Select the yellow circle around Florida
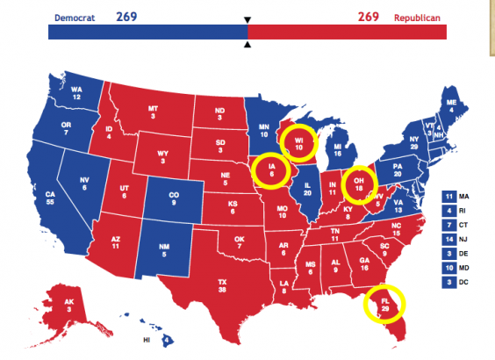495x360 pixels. coord(384,305)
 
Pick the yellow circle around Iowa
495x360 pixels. coord(271,170)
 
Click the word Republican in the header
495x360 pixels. coord(418,18)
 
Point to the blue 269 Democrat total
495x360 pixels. coord(128,17)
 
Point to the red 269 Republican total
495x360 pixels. coord(368,17)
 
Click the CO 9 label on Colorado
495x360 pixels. coord(172,197)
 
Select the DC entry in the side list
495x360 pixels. coord(456,283)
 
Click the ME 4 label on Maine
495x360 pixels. coord(452,106)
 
